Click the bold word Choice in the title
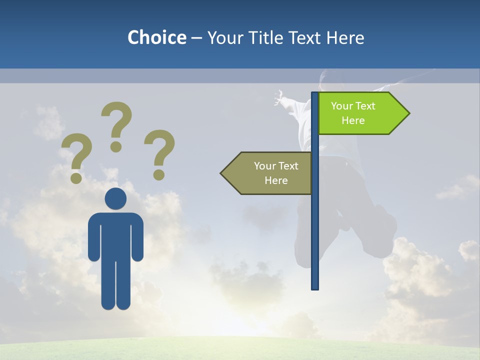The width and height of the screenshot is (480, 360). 156,38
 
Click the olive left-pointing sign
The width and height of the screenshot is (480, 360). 267,173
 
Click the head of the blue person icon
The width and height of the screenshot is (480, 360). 115,198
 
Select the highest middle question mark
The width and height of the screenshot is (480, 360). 116,125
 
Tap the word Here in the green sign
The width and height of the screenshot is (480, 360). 353,120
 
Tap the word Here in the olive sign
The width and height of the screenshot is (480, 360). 276,180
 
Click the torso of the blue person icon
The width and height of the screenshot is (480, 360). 115,235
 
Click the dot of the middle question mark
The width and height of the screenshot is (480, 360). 116,146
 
